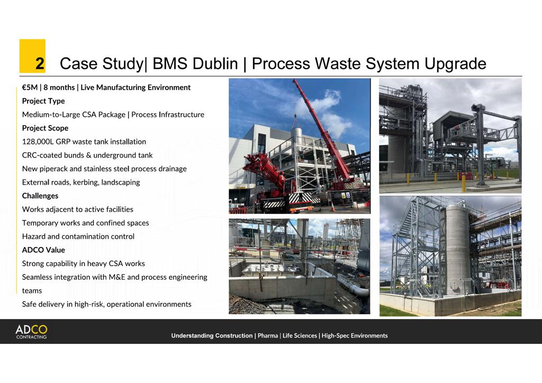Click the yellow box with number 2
(32, 56)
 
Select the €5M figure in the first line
(29, 87)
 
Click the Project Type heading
(43, 101)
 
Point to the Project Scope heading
(45, 128)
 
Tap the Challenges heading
(40, 196)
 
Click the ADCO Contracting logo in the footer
(31, 332)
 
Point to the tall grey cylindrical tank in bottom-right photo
(457, 249)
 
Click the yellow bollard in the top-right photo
(464, 183)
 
